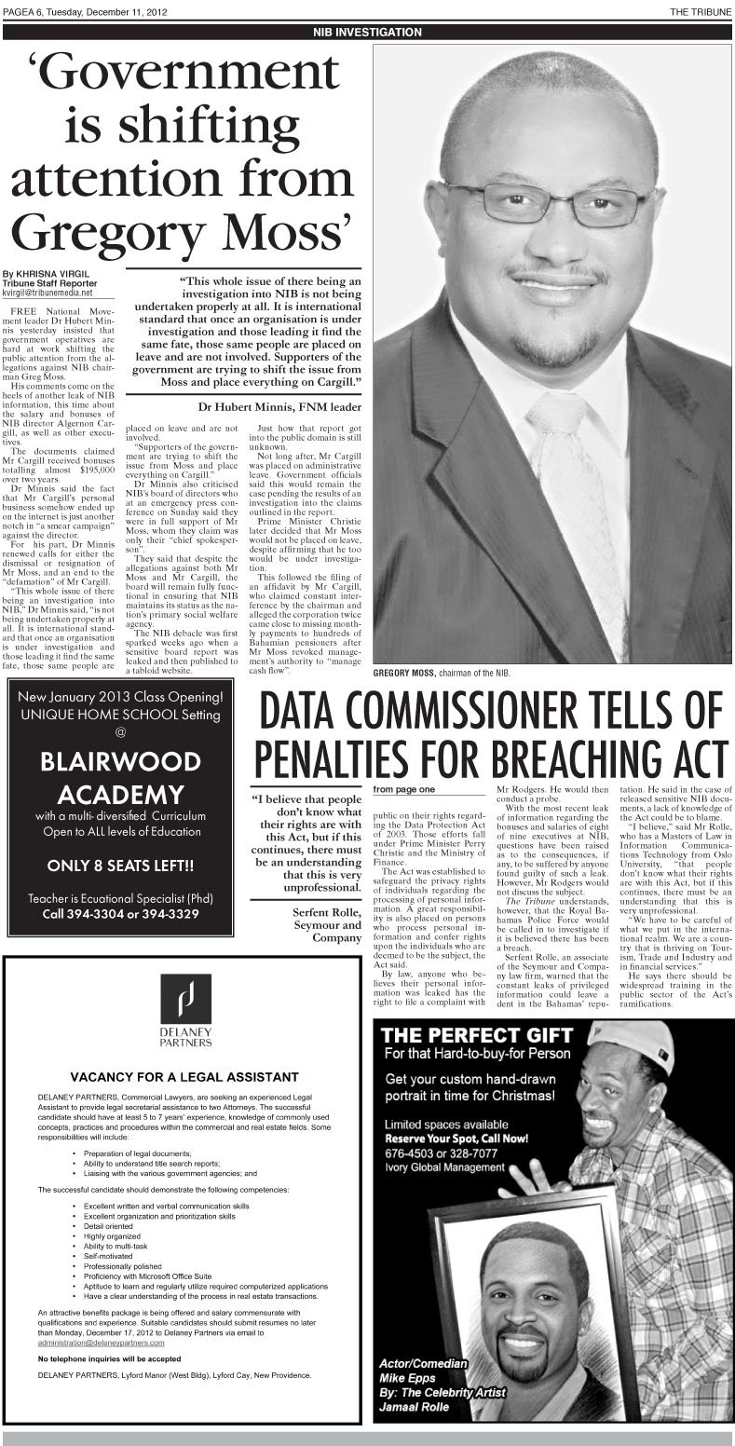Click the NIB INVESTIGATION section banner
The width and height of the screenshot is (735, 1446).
(367, 32)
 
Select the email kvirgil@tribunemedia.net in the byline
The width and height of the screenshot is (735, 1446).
(48, 293)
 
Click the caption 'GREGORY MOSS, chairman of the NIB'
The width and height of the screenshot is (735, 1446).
(445, 672)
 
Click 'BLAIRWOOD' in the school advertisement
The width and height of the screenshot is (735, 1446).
(120, 761)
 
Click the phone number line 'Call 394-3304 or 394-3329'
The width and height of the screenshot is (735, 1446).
(120, 914)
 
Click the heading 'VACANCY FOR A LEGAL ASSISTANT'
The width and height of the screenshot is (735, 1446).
(184, 1077)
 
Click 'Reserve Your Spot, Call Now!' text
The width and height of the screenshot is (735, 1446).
(470, 1139)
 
